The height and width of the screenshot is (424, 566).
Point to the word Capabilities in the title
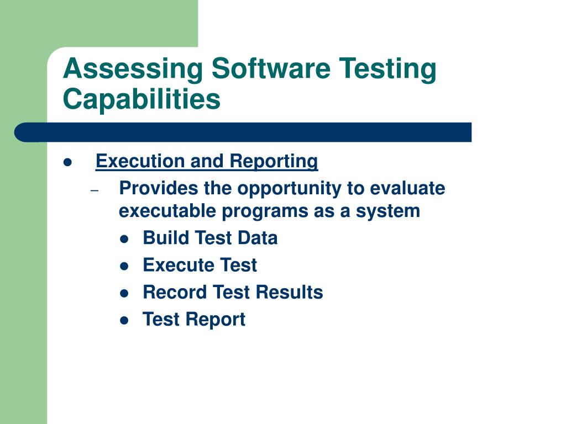pos(141,100)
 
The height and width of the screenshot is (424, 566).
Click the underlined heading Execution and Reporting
pos(207,162)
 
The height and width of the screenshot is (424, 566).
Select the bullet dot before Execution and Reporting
pos(68,162)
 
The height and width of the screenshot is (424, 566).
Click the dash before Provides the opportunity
pos(95,190)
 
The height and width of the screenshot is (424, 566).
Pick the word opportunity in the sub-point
pos(289,189)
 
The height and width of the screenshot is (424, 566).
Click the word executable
pos(161,211)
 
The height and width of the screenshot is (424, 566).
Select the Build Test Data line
pos(210,238)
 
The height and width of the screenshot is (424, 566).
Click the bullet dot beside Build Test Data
pos(124,239)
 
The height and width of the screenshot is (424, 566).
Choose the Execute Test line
pos(200,265)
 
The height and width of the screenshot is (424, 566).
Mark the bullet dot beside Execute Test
pos(124,266)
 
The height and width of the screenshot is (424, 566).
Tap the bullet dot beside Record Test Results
pos(124,293)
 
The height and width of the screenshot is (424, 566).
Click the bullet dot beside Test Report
pos(124,320)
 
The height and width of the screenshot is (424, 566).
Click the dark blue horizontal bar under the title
pos(243,132)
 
